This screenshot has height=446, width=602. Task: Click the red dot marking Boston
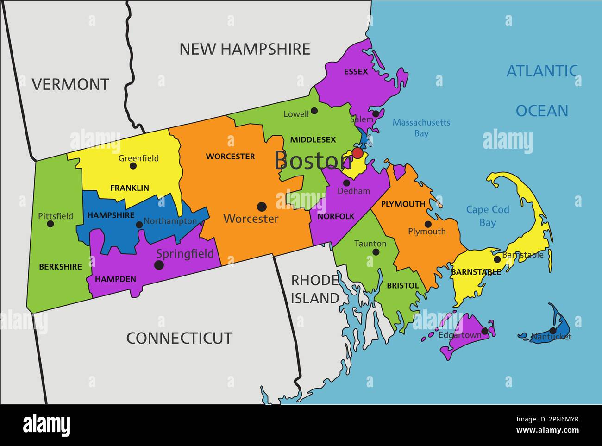357,153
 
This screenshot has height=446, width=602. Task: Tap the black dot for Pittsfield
50,224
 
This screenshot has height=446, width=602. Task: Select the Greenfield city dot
133,166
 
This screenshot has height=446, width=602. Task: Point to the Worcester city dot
262,206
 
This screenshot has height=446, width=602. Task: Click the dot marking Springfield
159,265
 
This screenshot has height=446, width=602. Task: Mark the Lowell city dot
314,111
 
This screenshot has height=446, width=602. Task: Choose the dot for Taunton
376,252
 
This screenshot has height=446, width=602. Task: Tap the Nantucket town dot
553,330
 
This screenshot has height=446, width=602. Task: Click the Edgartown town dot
484,331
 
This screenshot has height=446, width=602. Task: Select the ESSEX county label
356,71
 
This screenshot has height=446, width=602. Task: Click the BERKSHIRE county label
60,267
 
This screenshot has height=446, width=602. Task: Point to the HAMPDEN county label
115,279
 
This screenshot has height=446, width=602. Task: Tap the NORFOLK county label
336,216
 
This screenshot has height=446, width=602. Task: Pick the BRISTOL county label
402,286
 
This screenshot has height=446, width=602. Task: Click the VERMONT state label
70,84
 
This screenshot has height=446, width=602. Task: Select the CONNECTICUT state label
179,338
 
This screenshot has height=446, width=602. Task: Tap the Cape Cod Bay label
487,216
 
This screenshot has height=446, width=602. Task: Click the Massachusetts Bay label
421,128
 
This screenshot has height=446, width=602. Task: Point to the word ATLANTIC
542,71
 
